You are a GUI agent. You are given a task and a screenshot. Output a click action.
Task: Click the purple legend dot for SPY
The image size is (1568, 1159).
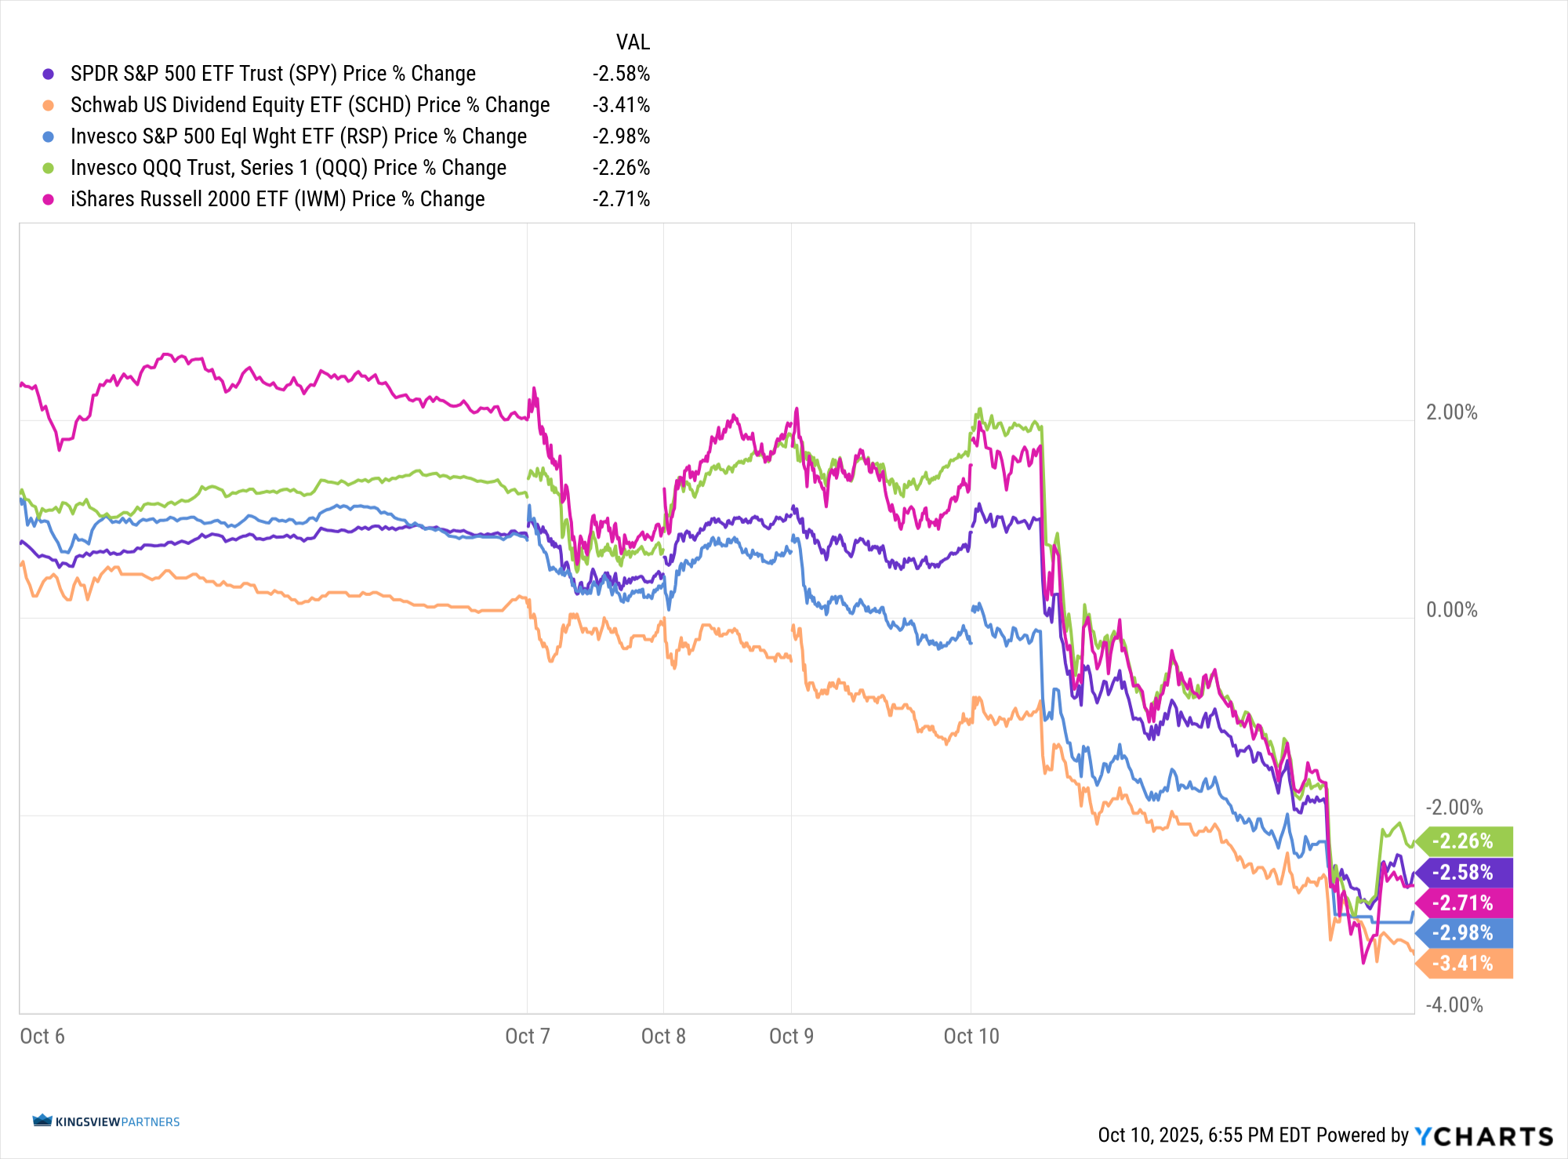[49, 74]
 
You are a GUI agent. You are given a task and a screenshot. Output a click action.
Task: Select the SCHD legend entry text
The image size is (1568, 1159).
[310, 105]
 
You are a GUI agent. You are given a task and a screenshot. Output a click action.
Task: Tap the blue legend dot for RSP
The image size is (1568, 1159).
[49, 136]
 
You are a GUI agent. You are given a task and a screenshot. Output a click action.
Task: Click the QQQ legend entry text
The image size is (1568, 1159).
[288, 168]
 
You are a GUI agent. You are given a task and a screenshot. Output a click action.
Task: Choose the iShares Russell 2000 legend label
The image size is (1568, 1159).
[277, 199]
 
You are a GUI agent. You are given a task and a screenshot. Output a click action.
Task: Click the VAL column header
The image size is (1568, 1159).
[633, 42]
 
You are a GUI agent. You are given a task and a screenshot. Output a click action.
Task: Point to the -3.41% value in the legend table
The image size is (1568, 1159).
[621, 105]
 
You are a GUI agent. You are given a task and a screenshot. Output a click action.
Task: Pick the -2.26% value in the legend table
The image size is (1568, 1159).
[621, 168]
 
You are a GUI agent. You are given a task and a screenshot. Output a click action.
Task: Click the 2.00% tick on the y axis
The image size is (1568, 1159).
[1451, 412]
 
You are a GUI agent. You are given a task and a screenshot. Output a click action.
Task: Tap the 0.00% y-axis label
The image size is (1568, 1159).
[1451, 610]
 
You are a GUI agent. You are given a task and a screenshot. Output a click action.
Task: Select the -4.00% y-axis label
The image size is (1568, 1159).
[1454, 1005]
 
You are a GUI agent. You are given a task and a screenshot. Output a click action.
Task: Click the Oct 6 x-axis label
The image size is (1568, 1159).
[42, 1037]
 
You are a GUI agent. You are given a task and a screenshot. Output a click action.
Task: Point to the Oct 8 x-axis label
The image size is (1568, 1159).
[663, 1037]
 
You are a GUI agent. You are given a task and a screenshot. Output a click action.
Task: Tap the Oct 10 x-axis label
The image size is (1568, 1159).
[971, 1037]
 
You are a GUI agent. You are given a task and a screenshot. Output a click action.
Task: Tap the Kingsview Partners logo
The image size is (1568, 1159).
[107, 1121]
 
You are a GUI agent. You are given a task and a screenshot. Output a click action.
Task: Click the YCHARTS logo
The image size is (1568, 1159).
[1483, 1135]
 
